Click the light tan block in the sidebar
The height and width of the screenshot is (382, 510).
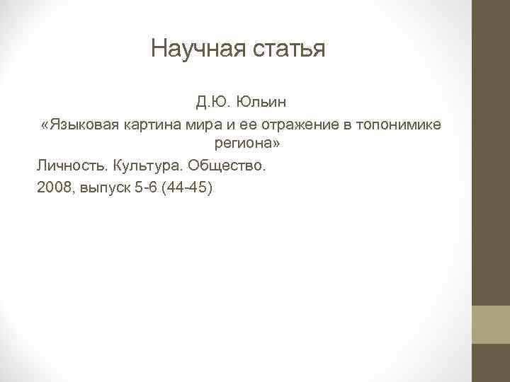(x=491, y=325)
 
